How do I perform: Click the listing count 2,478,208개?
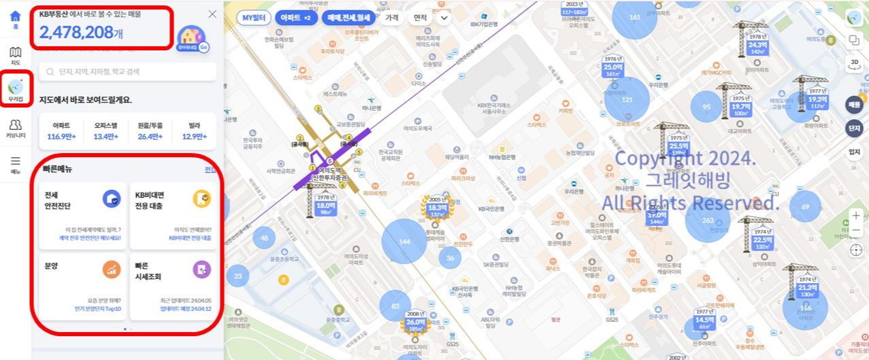coord(82,32)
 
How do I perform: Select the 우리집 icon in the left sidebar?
coord(16,89)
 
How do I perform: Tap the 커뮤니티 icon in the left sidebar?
coord(16,128)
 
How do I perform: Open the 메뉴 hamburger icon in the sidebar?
coord(15,165)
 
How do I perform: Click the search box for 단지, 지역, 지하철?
coord(128,71)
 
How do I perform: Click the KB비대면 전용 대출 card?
coord(174,216)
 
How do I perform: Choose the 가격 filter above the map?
coord(391,18)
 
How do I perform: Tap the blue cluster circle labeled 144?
coord(404,242)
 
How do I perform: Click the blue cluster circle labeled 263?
coord(708,220)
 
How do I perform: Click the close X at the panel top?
coord(212,14)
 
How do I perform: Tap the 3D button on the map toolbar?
coord(854,65)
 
